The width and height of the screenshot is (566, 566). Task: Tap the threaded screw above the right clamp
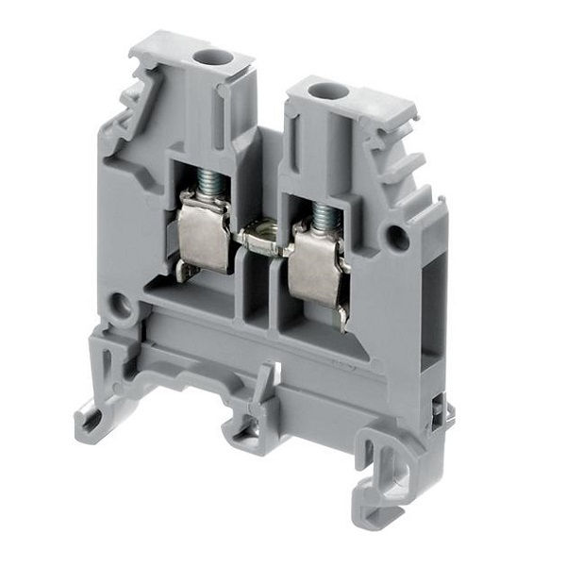point(324,216)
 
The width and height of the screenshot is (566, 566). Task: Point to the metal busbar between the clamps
point(261,236)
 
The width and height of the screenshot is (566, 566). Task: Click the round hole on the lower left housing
point(119,306)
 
